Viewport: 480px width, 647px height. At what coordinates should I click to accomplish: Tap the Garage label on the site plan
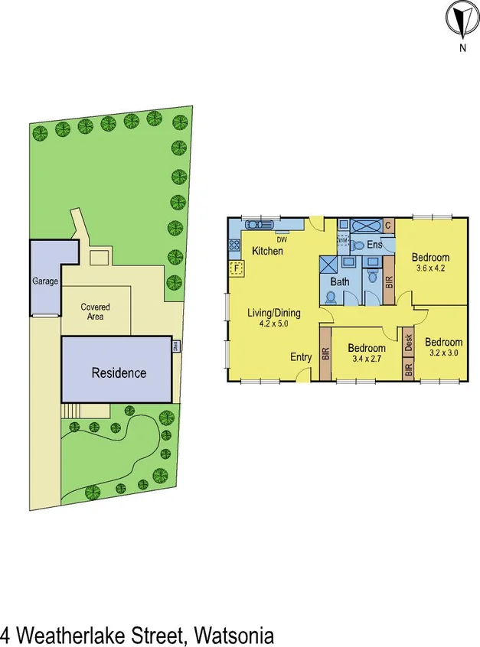click(x=45, y=281)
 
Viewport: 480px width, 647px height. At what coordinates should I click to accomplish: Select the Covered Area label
click(x=96, y=311)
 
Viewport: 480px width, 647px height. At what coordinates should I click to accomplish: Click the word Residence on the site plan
click(x=119, y=373)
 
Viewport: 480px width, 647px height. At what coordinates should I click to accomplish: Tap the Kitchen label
click(x=267, y=251)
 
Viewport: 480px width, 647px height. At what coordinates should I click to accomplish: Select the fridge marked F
click(x=237, y=268)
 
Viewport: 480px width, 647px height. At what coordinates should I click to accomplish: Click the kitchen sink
click(x=255, y=226)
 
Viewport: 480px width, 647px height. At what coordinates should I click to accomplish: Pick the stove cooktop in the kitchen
click(x=233, y=245)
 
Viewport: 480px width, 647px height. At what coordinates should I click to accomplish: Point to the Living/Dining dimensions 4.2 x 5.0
click(x=273, y=324)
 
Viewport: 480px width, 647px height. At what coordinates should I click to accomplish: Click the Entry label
click(x=301, y=357)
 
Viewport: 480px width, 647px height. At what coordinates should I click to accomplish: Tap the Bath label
click(x=339, y=282)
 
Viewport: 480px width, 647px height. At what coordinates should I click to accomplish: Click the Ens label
click(x=374, y=245)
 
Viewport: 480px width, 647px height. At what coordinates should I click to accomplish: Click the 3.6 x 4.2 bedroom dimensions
click(x=429, y=268)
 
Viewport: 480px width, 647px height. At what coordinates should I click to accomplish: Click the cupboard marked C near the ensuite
click(x=388, y=226)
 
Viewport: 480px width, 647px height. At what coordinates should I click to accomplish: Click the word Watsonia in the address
click(x=233, y=635)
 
